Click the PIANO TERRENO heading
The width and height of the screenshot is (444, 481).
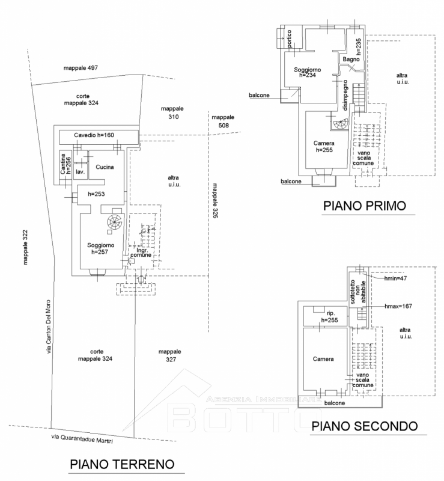point(122,464)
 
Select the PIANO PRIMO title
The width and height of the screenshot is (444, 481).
point(365,206)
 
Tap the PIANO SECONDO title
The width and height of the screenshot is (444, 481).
point(365,426)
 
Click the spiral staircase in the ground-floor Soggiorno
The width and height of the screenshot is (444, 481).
point(114,222)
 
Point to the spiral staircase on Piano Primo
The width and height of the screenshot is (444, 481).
point(341,124)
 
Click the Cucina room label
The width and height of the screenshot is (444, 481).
point(105,167)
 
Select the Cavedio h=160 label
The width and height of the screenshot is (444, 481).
point(94,135)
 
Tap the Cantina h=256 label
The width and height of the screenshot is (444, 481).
point(65,164)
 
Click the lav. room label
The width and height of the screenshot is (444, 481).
point(80,172)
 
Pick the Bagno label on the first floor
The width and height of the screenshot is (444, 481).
point(351,59)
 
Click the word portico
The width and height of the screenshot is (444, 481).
point(289,38)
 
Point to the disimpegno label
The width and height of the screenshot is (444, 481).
point(345,95)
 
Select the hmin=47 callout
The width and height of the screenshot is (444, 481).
point(395,278)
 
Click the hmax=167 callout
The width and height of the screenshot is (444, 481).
point(398,306)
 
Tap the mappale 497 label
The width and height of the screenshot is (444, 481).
point(81,68)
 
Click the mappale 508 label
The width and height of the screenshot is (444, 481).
point(223,121)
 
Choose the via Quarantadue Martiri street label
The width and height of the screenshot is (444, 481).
point(82,439)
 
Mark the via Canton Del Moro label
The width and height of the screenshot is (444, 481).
point(49,326)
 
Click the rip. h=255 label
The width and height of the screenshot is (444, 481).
point(330,317)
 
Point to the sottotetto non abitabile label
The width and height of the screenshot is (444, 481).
point(358,292)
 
